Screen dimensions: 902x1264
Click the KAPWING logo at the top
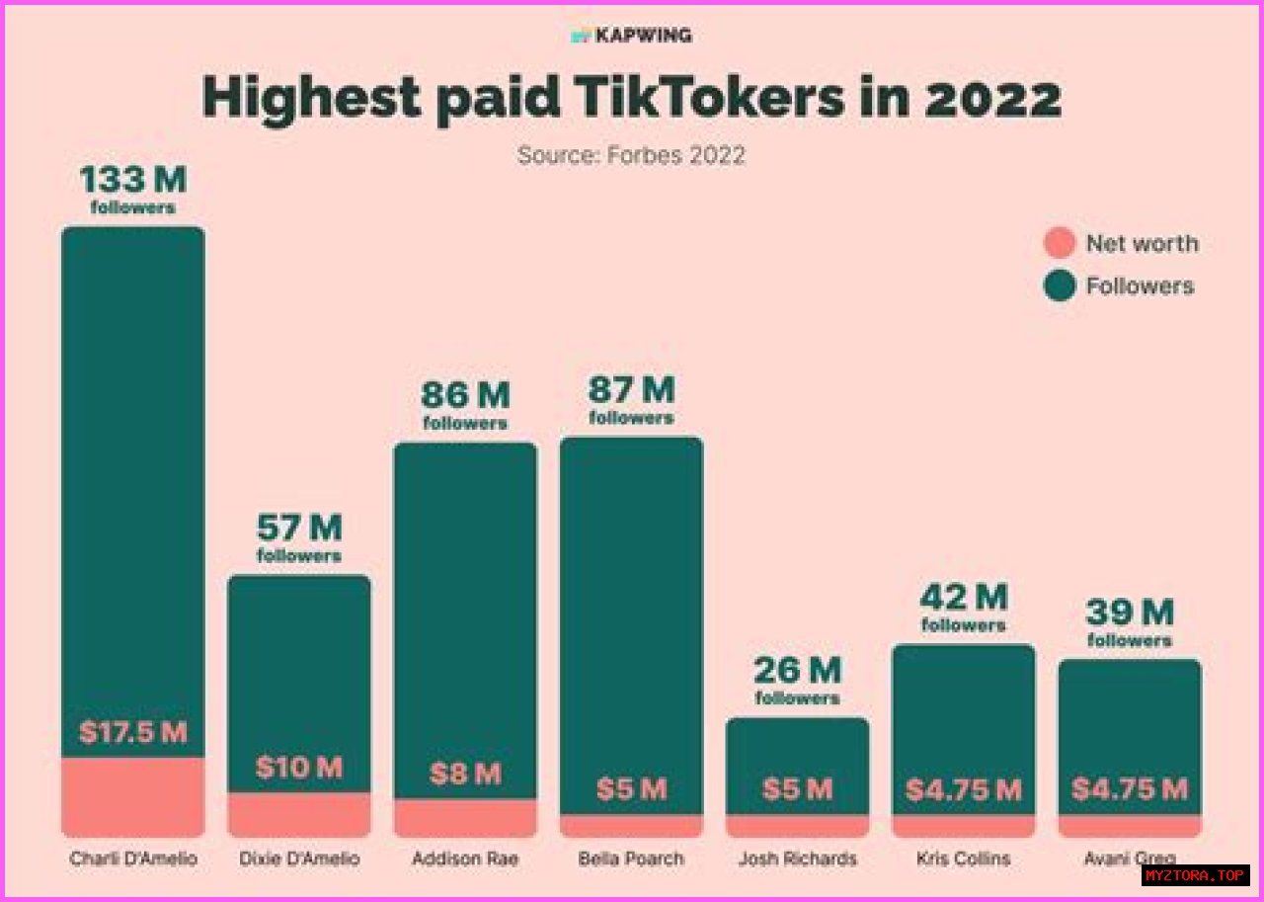pos(632,36)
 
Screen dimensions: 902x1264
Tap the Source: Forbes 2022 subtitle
pos(631,155)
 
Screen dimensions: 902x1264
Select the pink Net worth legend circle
pos(1060,243)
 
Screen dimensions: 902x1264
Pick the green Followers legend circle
pos(1060,287)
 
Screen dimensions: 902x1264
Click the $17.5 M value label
pos(132,733)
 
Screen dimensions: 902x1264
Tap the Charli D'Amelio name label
pos(133,859)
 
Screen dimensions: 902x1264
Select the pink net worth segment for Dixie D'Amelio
pos(299,814)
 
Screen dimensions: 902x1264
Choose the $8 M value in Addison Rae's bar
pos(465,774)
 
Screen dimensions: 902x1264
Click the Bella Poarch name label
pos(631,859)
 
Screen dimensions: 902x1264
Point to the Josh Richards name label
pos(797,859)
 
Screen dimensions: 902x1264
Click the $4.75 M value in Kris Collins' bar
pos(963,790)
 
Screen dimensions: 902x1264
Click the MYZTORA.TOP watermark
pos(1196,875)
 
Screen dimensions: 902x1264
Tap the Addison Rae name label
pos(465,859)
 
